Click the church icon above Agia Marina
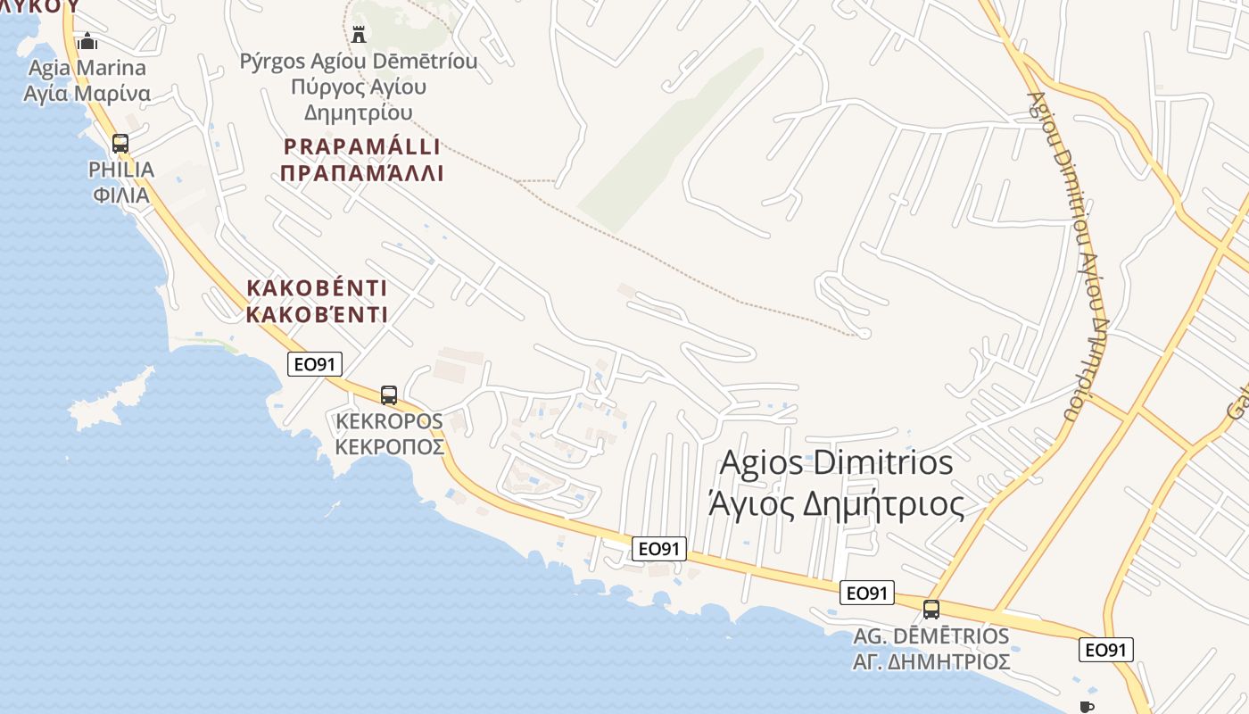click(87, 41)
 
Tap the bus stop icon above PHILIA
click(120, 143)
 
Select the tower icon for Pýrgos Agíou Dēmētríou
click(359, 35)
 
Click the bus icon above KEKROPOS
click(389, 394)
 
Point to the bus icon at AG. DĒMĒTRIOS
click(931, 610)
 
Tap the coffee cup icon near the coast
click(1086, 706)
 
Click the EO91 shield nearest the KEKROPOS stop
click(315, 363)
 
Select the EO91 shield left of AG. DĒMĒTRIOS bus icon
click(866, 593)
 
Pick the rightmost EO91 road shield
click(1106, 650)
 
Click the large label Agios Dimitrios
click(836, 463)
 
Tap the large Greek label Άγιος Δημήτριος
click(836, 505)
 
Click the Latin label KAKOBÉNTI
click(317, 288)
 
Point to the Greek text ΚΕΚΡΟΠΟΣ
click(389, 447)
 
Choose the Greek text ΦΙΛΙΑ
click(120, 195)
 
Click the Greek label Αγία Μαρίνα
click(87, 94)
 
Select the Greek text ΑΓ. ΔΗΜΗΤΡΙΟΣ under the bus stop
click(931, 661)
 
